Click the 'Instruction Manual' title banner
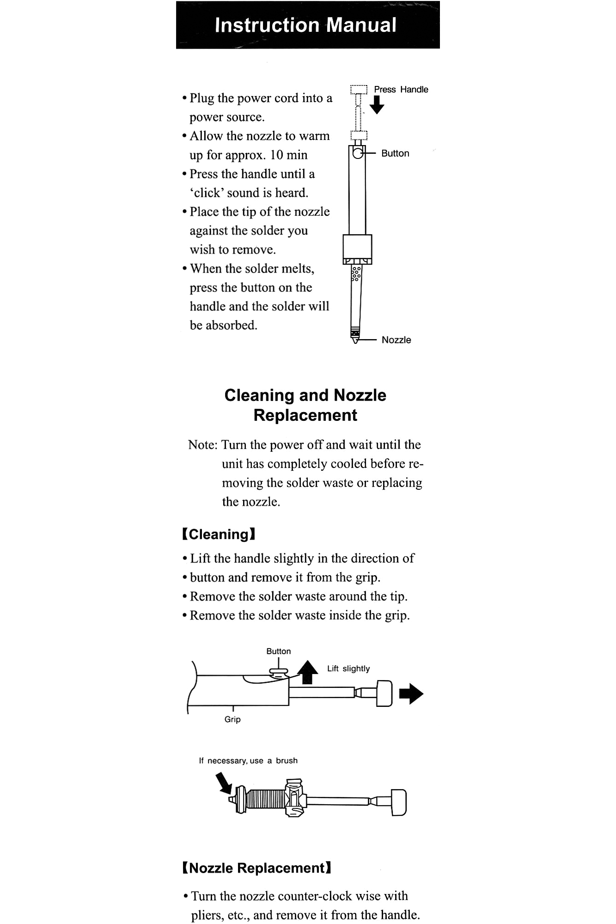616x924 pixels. click(x=306, y=25)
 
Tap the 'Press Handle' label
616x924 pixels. click(x=401, y=90)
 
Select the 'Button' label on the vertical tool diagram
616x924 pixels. click(x=395, y=153)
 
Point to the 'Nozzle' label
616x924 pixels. click(x=396, y=340)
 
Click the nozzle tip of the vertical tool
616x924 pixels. click(x=355, y=340)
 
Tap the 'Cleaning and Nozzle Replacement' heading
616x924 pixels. click(x=305, y=405)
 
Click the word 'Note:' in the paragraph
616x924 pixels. click(x=202, y=445)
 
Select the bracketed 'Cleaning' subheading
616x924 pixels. click(x=219, y=535)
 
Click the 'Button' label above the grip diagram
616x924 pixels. click(x=278, y=651)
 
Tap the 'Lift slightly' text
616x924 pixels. click(x=348, y=669)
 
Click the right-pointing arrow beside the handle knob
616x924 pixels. click(x=411, y=694)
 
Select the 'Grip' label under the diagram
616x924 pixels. click(x=232, y=719)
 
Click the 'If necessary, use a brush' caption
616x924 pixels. click(x=248, y=760)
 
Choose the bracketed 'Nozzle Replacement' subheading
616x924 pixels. click(x=257, y=868)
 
